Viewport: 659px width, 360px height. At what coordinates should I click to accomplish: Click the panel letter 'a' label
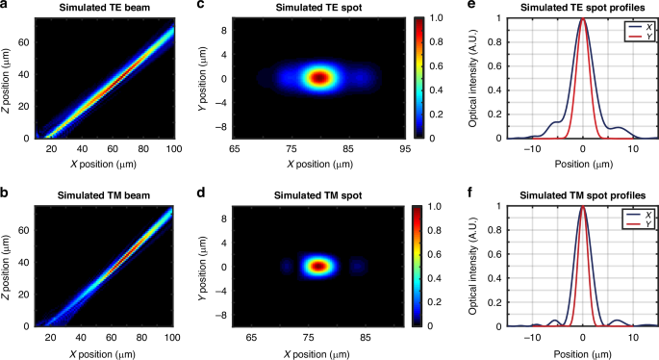(x=5, y=7)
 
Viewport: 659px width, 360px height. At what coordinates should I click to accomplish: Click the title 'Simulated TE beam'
(x=96, y=7)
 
